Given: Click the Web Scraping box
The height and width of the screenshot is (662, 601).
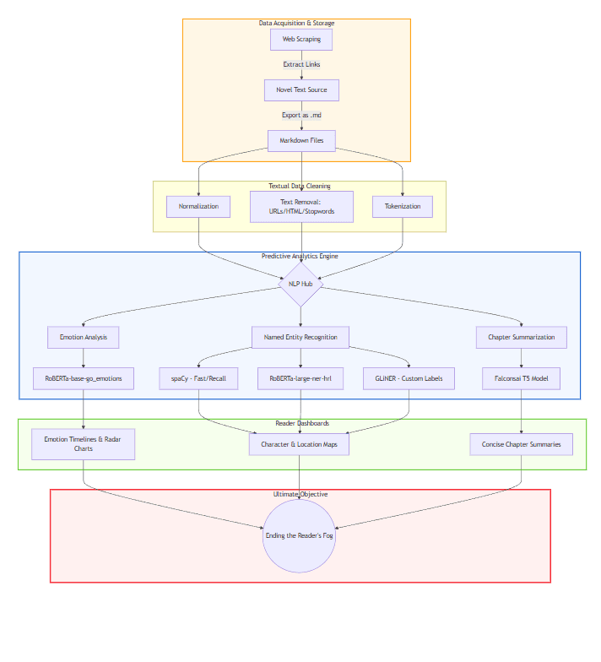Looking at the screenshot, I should (x=301, y=40).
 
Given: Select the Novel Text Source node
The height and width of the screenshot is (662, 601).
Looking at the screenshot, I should (x=301, y=90).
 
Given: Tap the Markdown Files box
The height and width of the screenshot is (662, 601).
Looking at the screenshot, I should (x=301, y=141).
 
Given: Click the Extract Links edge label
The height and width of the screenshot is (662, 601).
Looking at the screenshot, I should (x=301, y=64).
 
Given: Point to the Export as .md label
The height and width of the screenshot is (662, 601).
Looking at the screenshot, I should (x=301, y=115).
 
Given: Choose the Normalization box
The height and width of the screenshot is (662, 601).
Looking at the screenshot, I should (x=198, y=207).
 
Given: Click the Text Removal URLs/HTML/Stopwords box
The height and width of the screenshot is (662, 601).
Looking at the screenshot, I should (x=301, y=207).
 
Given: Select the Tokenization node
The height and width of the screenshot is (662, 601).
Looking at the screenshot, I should (x=403, y=207).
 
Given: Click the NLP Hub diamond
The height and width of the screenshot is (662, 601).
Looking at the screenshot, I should (x=300, y=284).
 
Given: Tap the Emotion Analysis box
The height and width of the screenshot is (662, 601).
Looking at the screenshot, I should (x=83, y=338).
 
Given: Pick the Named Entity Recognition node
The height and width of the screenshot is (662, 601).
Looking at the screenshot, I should (x=300, y=338).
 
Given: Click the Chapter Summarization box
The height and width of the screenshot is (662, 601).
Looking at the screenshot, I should (x=521, y=338).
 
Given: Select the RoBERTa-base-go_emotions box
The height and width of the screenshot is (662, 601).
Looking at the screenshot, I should (x=83, y=378).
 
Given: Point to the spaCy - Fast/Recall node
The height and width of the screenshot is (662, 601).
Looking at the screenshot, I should (x=198, y=378).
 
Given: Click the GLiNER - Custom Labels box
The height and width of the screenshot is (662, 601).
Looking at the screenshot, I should (x=409, y=378).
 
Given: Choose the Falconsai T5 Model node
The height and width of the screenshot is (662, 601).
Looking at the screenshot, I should (x=521, y=378).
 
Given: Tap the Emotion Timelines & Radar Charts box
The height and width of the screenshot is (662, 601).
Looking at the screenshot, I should (x=83, y=444).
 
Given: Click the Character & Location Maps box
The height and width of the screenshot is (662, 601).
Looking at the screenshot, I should (x=299, y=444).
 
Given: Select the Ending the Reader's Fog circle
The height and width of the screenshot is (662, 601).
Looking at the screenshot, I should (x=299, y=535).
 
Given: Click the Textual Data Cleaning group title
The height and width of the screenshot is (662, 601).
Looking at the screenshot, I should (x=300, y=186).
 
